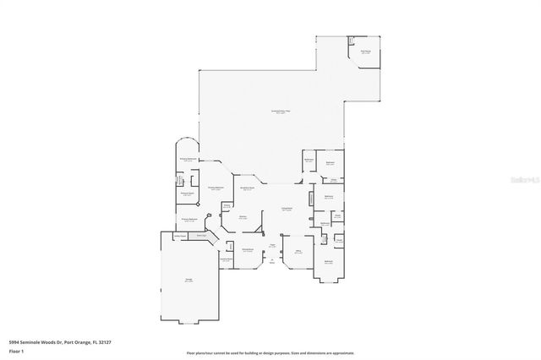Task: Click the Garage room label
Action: click(x=188, y=280)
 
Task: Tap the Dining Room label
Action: click(x=249, y=250)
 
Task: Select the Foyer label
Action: click(x=272, y=246)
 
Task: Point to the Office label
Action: click(x=298, y=251)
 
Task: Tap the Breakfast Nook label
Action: click(x=249, y=189)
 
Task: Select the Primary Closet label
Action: click(x=188, y=195)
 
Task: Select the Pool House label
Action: click(x=365, y=52)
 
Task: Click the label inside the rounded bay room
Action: click(x=188, y=158)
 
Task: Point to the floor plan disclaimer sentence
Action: click(x=270, y=352)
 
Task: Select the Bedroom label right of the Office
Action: click(x=328, y=262)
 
